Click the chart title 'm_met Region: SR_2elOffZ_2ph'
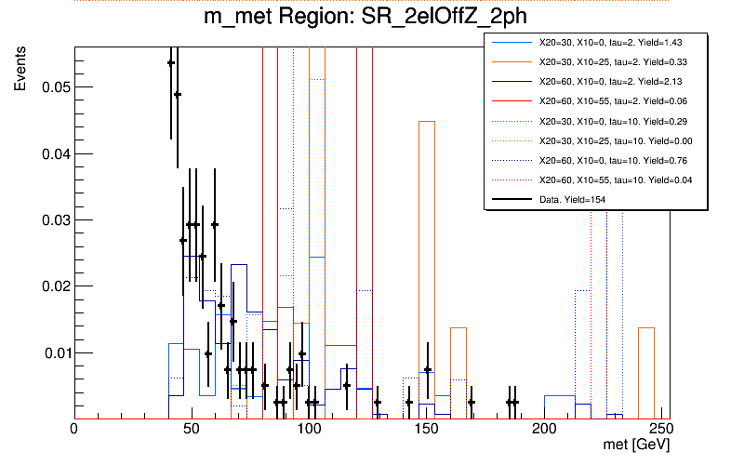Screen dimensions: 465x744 tap(372, 20)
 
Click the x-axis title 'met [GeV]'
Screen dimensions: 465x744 tap(637, 447)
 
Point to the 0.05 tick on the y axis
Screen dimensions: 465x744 tap(55, 87)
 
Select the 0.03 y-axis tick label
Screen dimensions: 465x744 tap(55, 220)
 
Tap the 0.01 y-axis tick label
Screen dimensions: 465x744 tap(55, 353)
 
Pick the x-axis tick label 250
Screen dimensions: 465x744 tap(658, 431)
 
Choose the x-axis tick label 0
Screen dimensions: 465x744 tap(74, 431)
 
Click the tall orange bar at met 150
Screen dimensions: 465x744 tap(427, 270)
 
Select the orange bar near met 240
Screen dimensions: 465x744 tap(646, 372)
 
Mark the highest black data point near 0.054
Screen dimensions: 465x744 tap(171, 63)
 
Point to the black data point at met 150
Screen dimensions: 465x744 tap(427, 370)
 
